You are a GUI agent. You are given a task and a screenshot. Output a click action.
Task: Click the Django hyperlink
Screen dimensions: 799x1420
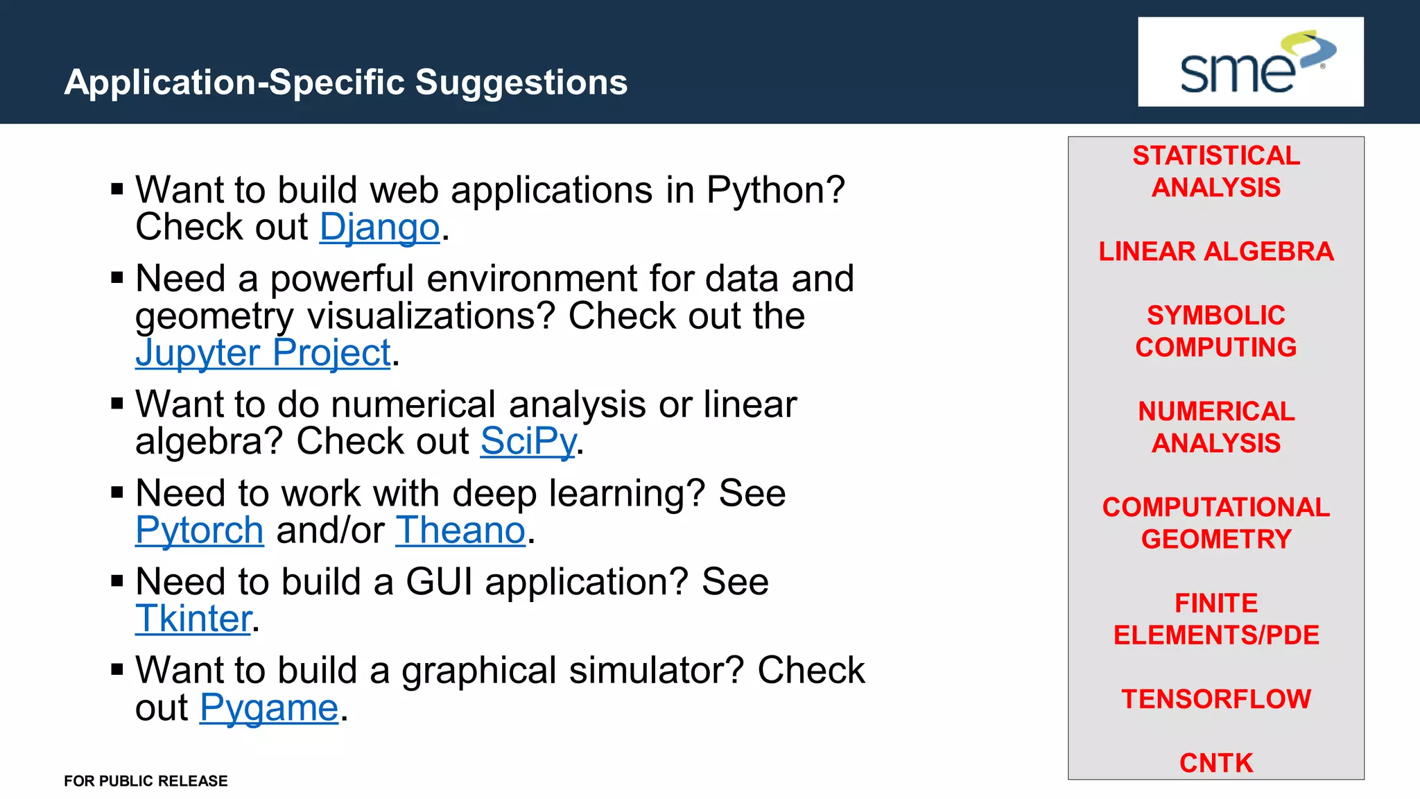click(379, 227)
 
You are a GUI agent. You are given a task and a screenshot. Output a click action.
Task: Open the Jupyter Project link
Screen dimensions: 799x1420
click(263, 353)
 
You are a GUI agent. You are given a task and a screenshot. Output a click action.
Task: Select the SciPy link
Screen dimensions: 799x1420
click(528, 441)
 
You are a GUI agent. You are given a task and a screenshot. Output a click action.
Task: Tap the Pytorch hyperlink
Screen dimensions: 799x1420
click(199, 531)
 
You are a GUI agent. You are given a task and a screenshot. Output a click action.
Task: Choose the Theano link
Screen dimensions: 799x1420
click(460, 531)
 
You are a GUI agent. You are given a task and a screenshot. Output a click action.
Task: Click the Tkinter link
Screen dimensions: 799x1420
click(193, 619)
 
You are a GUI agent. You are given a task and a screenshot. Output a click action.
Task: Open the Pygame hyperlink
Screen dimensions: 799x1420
click(269, 708)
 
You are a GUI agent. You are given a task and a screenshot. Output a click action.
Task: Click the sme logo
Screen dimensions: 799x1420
click(1250, 62)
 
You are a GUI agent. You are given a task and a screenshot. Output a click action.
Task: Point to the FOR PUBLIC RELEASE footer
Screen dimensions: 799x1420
click(146, 781)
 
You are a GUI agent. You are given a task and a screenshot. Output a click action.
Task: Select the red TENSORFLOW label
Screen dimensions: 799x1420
click(1216, 699)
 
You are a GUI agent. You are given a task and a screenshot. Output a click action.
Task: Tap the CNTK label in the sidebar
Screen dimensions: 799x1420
click(1216, 763)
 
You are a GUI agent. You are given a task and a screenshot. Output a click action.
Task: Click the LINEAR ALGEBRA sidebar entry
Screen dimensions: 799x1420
click(1216, 252)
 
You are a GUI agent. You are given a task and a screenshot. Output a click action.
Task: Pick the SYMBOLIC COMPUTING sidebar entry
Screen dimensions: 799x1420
click(1216, 332)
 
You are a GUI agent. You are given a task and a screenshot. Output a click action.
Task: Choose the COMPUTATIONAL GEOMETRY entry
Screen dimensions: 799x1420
click(1216, 523)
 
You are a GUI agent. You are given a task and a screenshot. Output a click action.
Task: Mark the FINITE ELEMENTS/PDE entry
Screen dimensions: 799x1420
click(1216, 619)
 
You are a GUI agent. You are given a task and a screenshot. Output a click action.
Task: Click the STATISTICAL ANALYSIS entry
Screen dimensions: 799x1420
click(1216, 171)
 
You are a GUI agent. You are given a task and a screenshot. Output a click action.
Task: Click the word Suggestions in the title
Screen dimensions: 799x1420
click(521, 83)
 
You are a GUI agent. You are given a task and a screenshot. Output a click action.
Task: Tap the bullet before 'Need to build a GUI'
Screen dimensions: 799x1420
click(117, 581)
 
